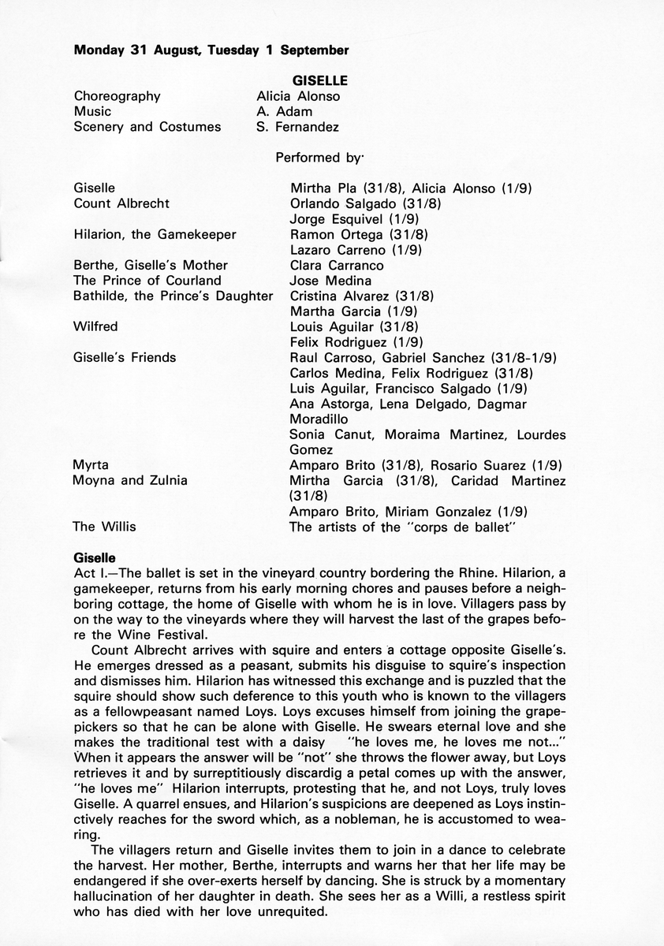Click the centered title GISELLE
click(x=320, y=80)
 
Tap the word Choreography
click(x=117, y=96)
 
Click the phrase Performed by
click(x=317, y=158)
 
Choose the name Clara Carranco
click(x=338, y=265)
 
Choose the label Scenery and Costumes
click(x=147, y=126)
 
